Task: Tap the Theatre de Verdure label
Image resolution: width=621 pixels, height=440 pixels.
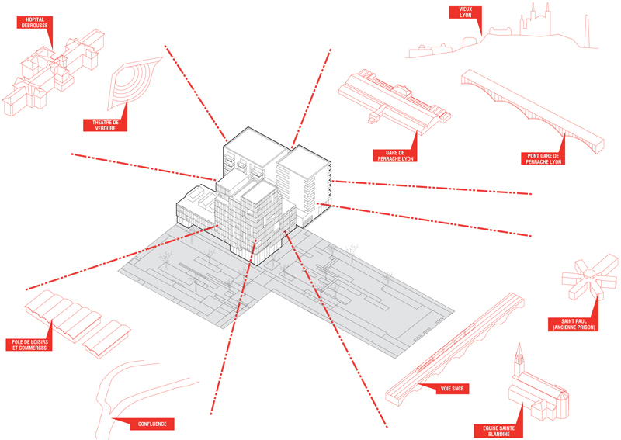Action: [105, 124]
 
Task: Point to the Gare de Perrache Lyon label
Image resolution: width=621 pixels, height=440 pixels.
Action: [394, 155]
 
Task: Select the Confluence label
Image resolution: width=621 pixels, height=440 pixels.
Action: [151, 424]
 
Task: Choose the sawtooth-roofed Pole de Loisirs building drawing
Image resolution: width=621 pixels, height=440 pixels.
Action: [74, 322]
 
